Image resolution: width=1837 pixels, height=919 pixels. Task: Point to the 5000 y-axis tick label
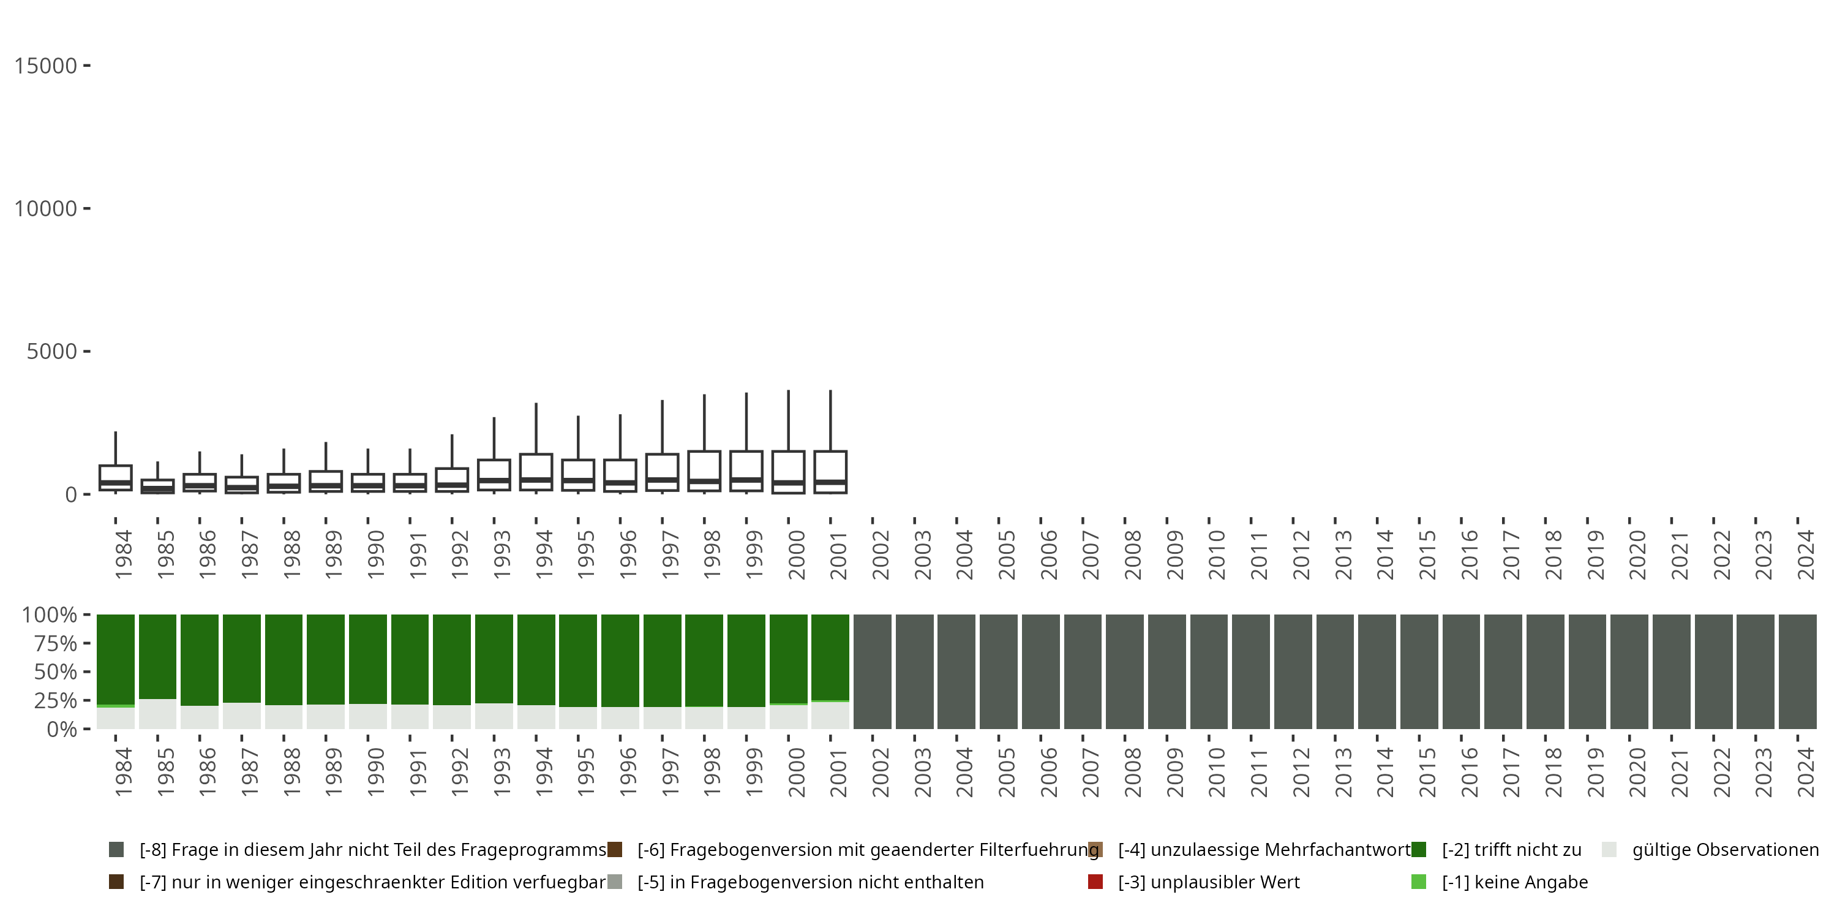pos(51,351)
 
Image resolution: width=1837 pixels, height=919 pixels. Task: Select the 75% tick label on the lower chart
pos(56,643)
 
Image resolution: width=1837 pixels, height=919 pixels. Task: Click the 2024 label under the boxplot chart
pos(1805,555)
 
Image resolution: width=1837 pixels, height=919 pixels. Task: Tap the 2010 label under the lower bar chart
pos(1217,773)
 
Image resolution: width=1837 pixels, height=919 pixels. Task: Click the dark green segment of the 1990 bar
pos(367,659)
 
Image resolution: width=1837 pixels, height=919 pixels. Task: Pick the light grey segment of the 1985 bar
pos(157,714)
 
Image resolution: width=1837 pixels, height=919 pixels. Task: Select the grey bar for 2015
pos(1419,671)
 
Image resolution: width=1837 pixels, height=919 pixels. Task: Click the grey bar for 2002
pos(872,671)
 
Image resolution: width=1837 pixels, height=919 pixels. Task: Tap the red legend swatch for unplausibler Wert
pos(1095,882)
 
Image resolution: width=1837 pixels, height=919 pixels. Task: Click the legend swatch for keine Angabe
pos(1418,882)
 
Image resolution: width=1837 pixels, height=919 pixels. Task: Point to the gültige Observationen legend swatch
pos(1609,850)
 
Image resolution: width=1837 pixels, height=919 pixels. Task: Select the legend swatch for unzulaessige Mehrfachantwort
pos(1095,850)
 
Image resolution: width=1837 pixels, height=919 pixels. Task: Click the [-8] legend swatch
pos(116,850)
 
